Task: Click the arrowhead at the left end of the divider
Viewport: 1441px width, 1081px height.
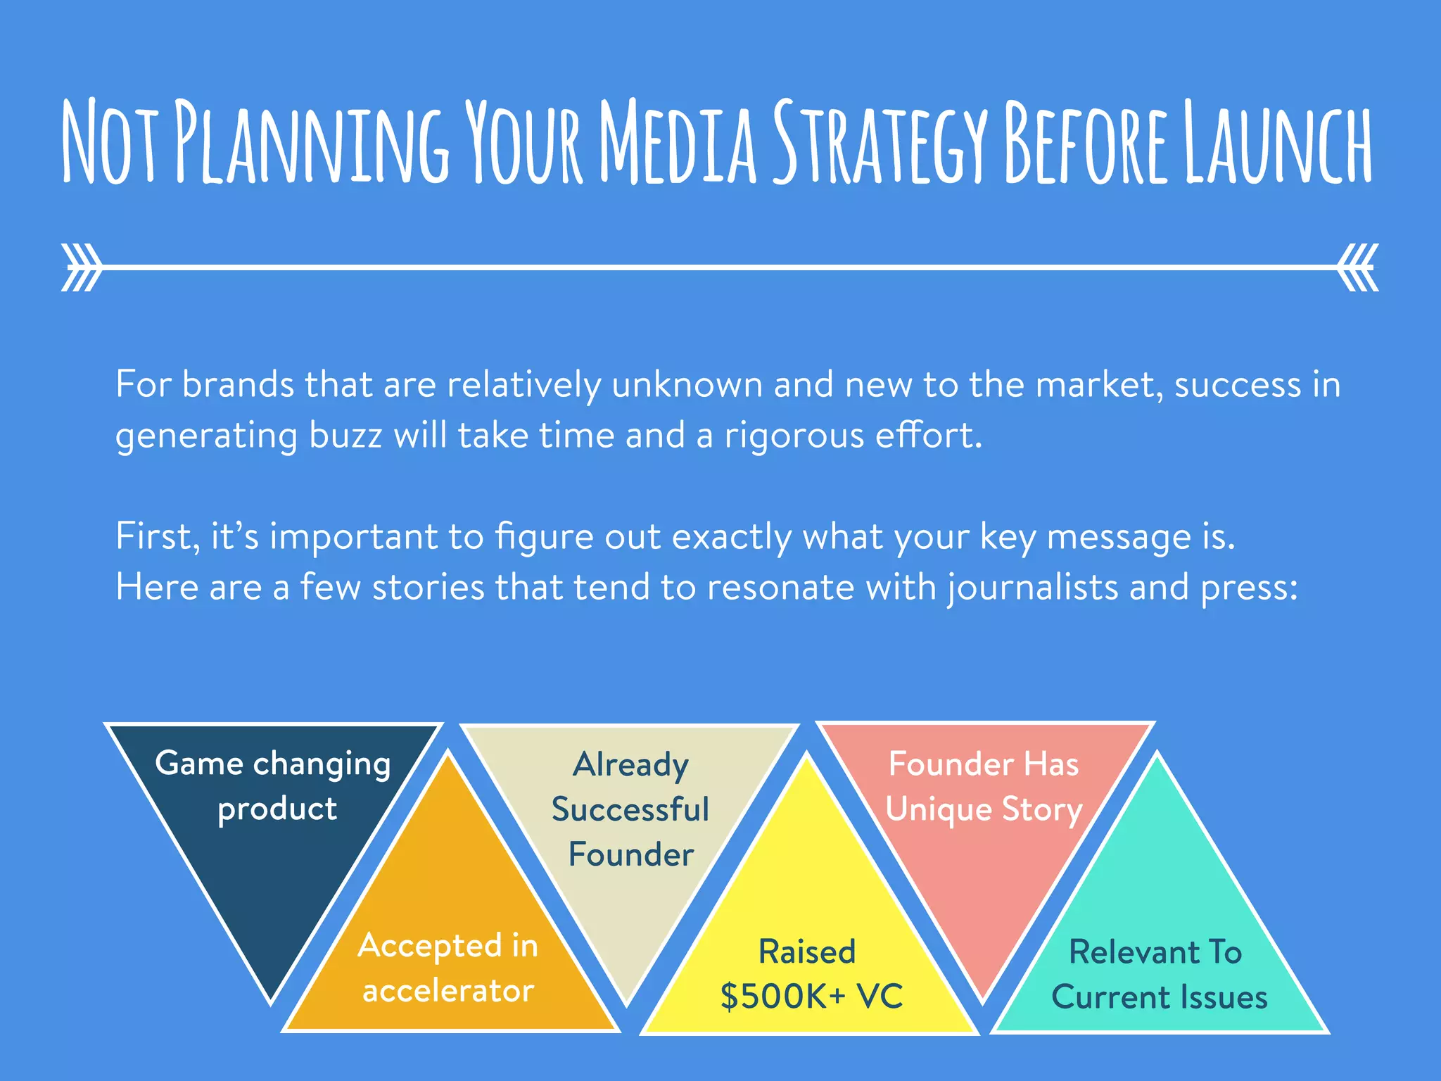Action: point(80,267)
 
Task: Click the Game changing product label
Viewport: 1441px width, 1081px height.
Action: point(274,786)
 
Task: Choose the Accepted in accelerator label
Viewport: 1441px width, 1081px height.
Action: point(448,968)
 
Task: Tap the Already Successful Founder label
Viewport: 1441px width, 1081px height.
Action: point(630,809)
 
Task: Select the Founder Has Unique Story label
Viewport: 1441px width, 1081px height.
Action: point(983,787)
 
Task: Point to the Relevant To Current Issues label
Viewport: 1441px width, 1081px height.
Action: point(1158,975)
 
